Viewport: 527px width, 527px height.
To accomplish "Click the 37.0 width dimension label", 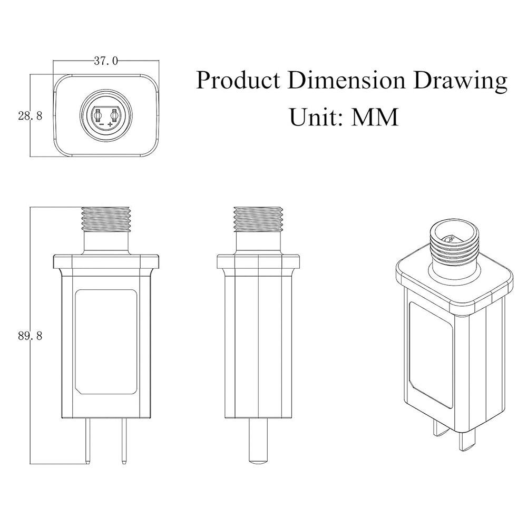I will pos(105,61).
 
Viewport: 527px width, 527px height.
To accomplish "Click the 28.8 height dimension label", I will pos(30,116).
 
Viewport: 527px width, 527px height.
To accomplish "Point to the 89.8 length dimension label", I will pos(30,336).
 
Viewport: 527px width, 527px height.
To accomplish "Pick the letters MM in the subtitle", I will pos(375,116).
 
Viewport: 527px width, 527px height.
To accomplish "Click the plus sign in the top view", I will pos(111,124).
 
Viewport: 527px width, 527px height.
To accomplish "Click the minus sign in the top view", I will pos(101,124).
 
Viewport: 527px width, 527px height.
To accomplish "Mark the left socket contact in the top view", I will pos(100,114).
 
